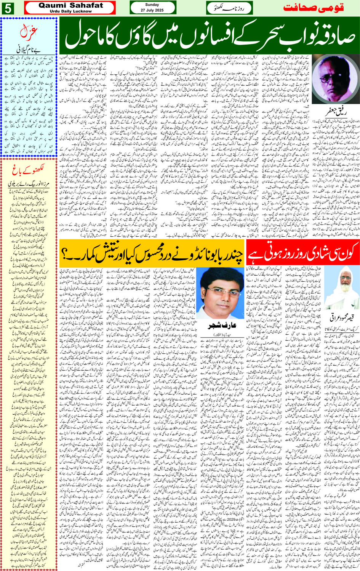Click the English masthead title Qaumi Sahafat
point(71,5)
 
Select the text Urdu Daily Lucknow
point(71,11)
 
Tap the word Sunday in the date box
point(152,5)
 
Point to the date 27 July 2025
point(152,10)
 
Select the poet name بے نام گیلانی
point(29,49)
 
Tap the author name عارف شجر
point(219,326)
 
